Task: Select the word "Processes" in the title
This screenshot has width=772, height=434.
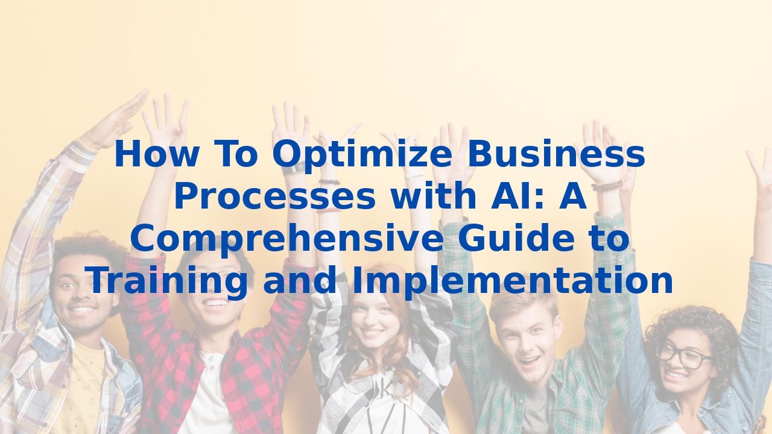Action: pos(274,197)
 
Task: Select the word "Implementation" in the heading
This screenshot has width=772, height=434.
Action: pos(512,281)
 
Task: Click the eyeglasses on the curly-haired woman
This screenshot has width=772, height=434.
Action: pos(683,355)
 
